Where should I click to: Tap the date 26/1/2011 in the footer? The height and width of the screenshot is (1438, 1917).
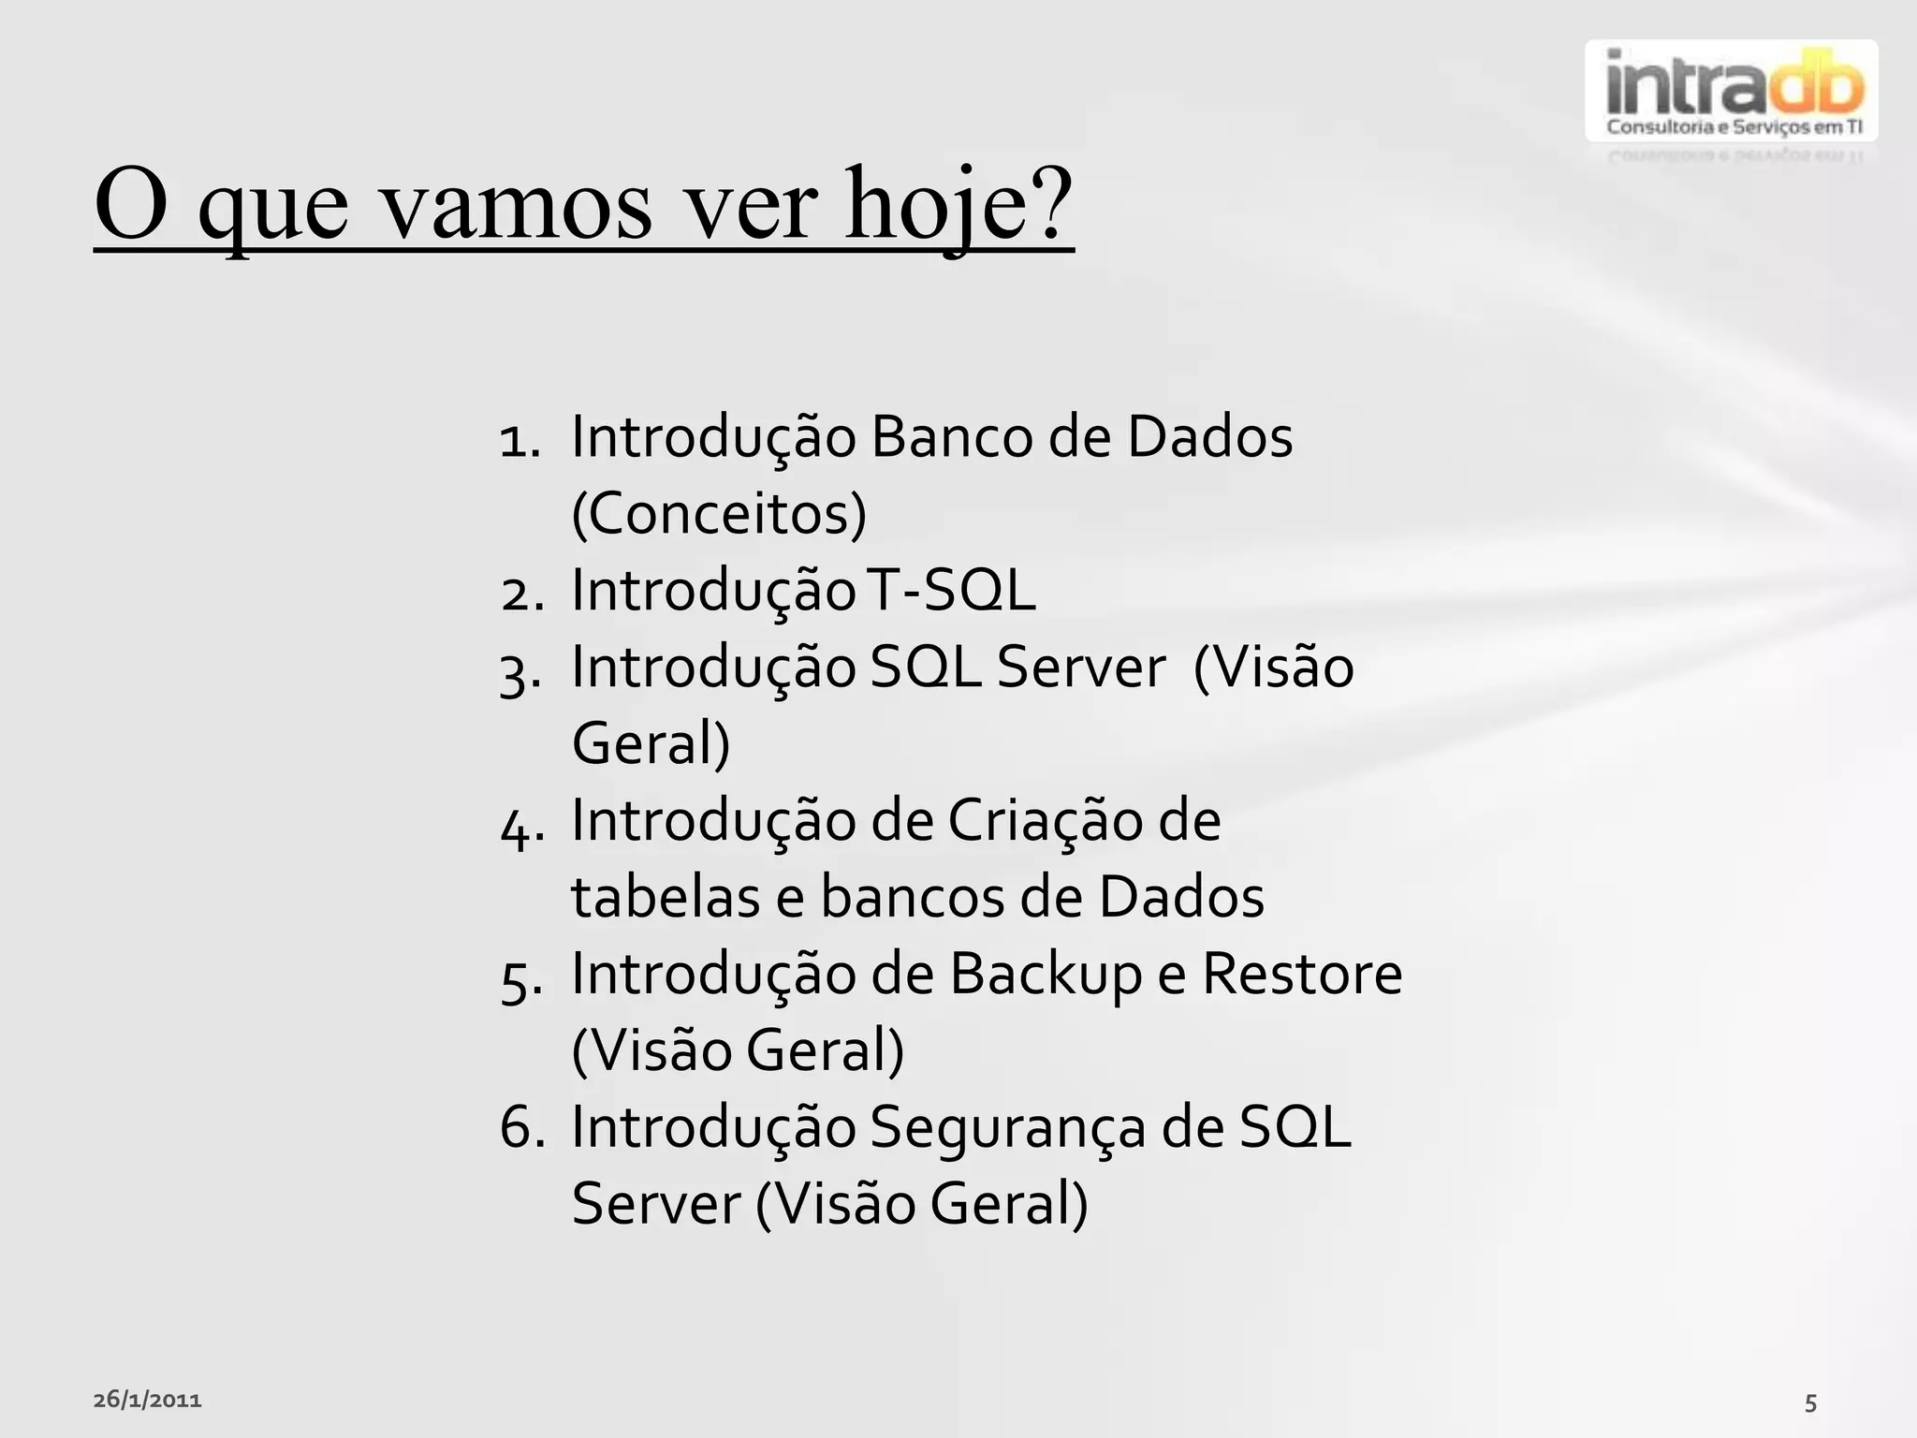point(147,1401)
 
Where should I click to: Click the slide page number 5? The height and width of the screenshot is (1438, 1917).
point(1810,1403)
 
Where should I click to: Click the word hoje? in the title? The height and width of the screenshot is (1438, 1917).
point(958,204)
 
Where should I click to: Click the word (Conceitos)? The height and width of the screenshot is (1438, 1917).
point(719,514)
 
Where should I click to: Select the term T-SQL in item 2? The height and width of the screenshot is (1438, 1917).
point(951,591)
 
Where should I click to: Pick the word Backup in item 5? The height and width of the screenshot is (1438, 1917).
point(1046,976)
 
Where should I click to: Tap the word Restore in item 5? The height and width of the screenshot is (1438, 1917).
point(1301,974)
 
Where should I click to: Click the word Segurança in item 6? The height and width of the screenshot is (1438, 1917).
point(1007,1129)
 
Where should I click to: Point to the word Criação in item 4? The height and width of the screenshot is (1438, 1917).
point(1046,821)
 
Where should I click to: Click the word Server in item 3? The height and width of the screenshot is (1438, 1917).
point(1080,668)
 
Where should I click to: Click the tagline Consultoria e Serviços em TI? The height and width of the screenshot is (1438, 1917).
point(1734,127)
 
